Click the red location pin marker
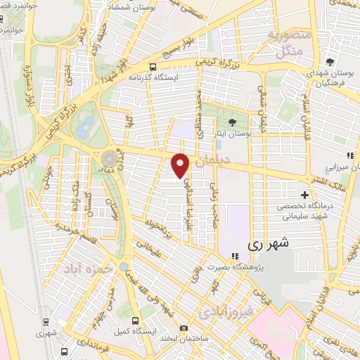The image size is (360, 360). click(x=181, y=165)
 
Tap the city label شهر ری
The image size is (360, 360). click(x=268, y=244)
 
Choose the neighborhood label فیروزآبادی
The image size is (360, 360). click(x=221, y=310)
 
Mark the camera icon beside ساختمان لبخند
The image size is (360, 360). click(x=184, y=328)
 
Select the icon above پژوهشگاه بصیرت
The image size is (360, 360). click(x=231, y=255)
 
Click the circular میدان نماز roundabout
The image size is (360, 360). click(x=109, y=159)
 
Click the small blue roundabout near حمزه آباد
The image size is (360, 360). click(x=124, y=267)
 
